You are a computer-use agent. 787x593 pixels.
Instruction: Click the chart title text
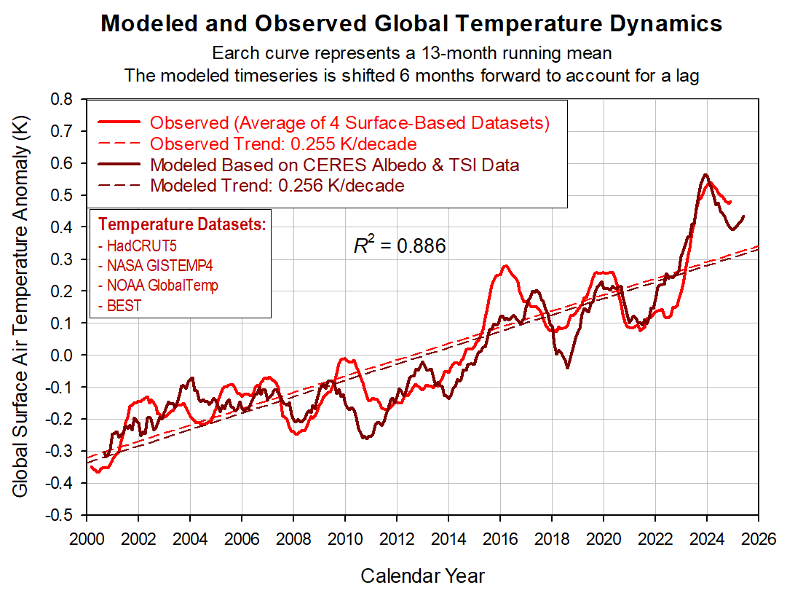pos(411,23)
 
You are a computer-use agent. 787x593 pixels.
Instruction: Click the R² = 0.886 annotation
pos(400,246)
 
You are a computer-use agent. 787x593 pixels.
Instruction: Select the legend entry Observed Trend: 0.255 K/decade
pos(283,143)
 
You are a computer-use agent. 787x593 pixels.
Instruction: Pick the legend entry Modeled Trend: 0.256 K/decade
pos(277,185)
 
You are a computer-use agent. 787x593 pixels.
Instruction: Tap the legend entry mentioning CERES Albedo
pos(334,165)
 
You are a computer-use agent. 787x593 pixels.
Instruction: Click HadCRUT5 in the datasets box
pos(138,246)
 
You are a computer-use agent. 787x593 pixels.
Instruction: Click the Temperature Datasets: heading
pos(182,224)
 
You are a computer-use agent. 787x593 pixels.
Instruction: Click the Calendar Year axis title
pos(422,576)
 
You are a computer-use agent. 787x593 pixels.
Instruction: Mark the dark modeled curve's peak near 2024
pos(705,175)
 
